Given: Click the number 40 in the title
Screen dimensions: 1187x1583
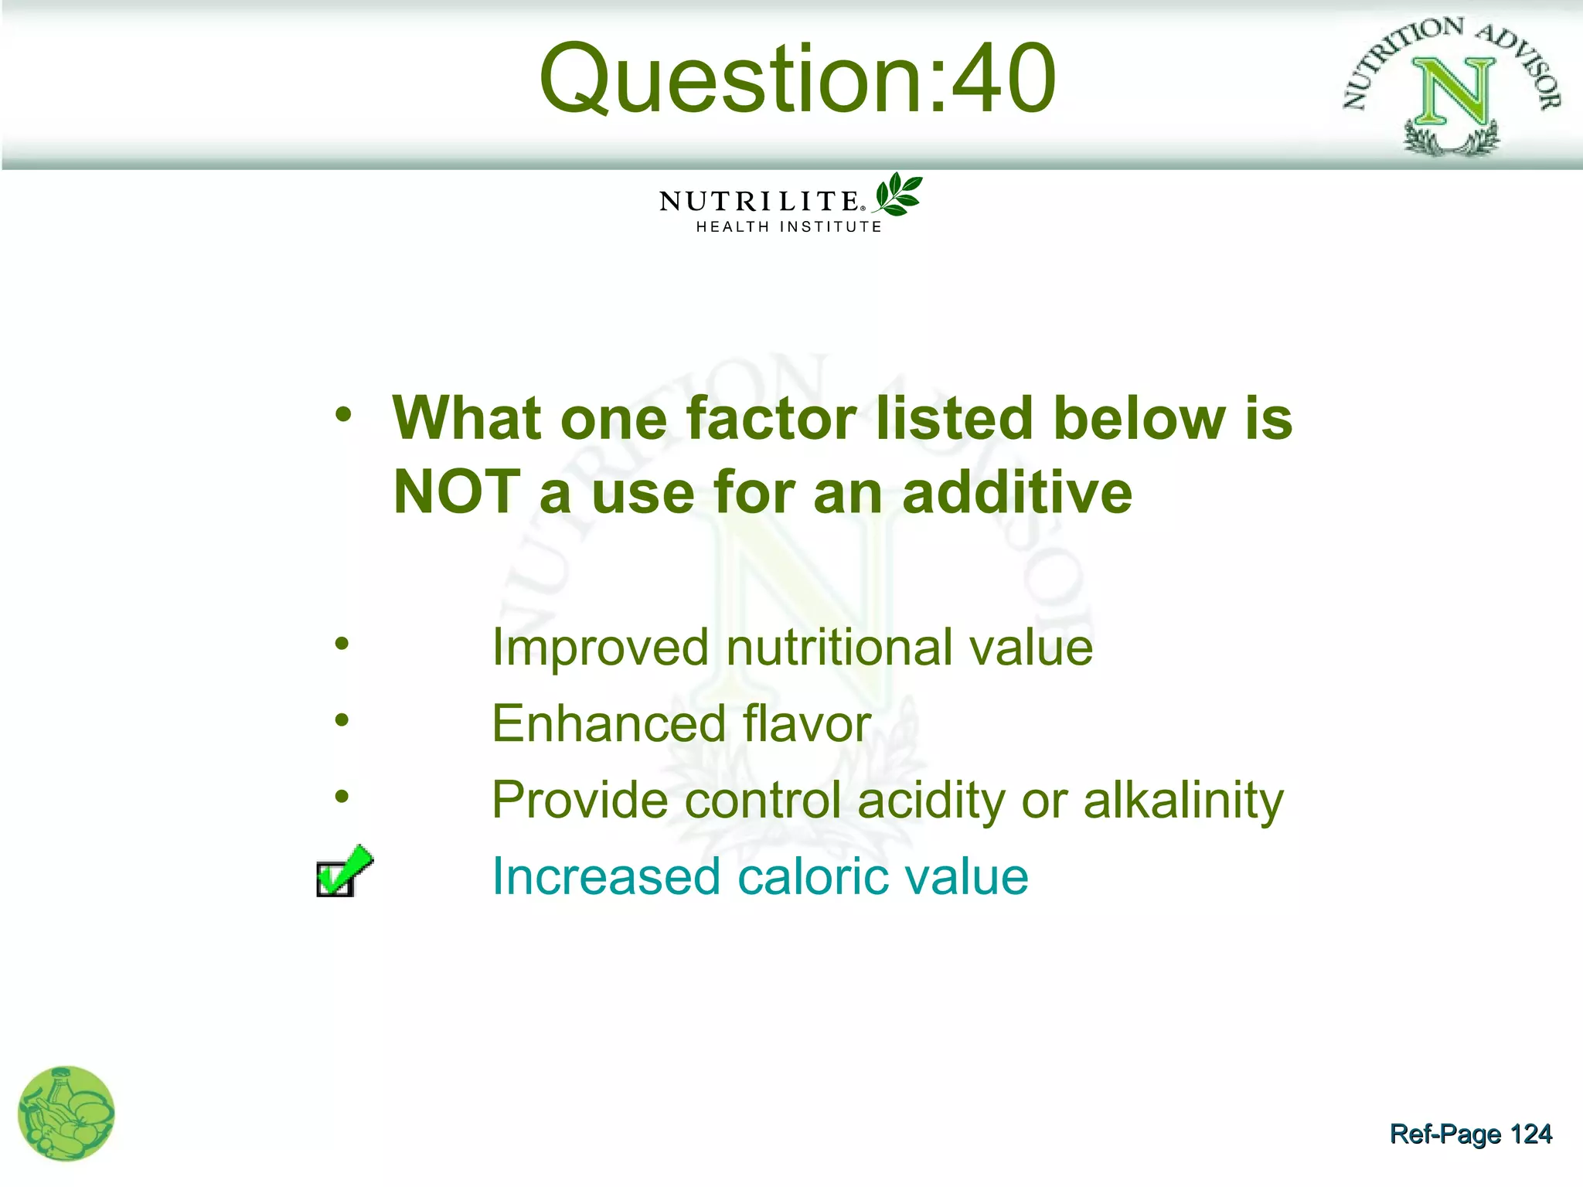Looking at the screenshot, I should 1003,79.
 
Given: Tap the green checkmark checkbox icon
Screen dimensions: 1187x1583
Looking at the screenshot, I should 343,872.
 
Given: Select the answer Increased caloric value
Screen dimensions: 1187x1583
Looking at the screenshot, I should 760,876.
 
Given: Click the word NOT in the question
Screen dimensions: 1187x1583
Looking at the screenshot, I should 456,492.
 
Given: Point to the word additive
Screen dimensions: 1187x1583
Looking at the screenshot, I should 1016,492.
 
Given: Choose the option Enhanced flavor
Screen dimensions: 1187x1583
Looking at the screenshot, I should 681,724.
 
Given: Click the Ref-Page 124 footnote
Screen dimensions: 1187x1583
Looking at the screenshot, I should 1470,1134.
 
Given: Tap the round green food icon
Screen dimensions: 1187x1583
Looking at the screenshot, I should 66,1114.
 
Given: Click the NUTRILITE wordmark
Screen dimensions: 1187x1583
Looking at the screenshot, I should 758,202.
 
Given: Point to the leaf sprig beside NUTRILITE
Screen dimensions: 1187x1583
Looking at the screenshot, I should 898,193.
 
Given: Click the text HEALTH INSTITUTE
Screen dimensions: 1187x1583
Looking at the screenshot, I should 788,227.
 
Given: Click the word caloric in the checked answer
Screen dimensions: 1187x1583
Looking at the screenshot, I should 812,876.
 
